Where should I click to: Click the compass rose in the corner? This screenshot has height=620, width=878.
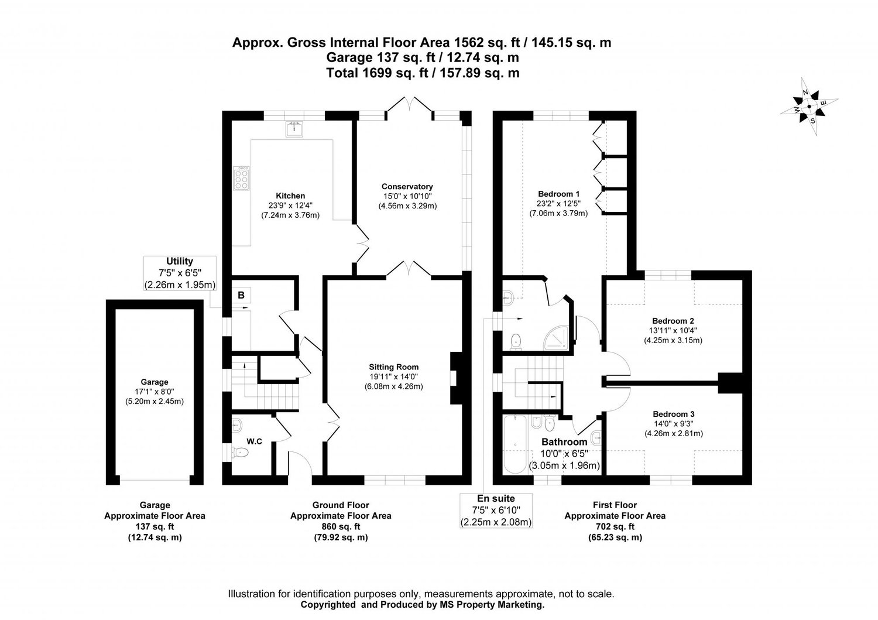pyautogui.click(x=808, y=107)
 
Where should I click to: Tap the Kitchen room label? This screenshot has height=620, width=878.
pyautogui.click(x=290, y=196)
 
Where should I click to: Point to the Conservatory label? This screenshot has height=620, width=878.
pyautogui.click(x=407, y=187)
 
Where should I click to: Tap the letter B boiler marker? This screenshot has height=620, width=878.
pyautogui.click(x=241, y=296)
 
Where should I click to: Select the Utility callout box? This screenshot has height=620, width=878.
pyautogui.click(x=180, y=273)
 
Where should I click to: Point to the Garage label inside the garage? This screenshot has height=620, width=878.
pyautogui.click(x=155, y=382)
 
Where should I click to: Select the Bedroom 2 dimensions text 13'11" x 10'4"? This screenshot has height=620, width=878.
pyautogui.click(x=673, y=330)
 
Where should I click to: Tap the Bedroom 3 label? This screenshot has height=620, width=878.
pyautogui.click(x=673, y=414)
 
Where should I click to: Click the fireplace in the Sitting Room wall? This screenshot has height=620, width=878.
pyautogui.click(x=455, y=379)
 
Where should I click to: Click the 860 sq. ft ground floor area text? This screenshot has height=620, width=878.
pyautogui.click(x=341, y=526)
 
